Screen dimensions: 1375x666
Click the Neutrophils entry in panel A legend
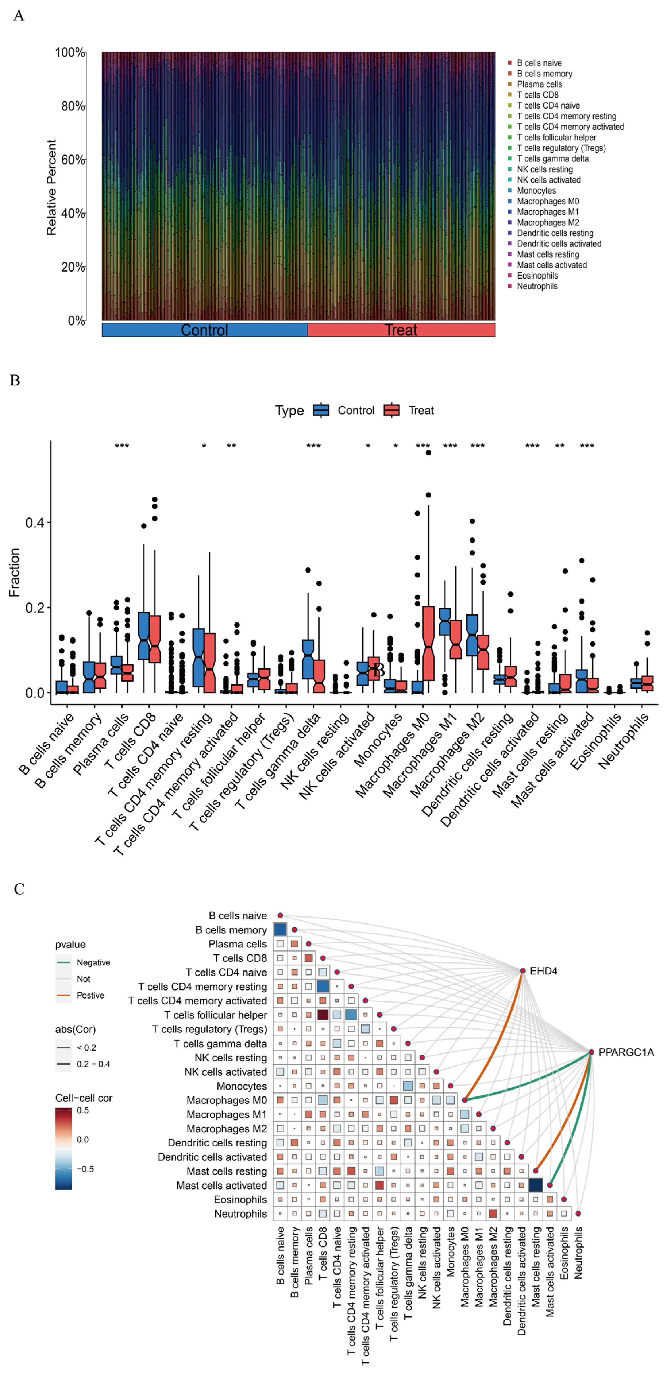tap(537, 286)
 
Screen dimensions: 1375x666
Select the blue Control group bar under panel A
tap(204, 330)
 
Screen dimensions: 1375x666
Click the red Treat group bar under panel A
tap(401, 330)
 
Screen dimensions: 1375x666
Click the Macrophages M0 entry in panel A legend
tap(547, 201)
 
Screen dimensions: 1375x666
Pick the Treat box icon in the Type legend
tap(392, 410)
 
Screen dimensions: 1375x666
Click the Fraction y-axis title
tap(14, 572)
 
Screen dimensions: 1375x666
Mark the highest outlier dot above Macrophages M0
tap(428, 453)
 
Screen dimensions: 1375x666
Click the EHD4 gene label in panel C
tap(543, 971)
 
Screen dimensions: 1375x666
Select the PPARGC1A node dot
tap(591, 1052)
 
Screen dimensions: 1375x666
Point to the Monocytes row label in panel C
tap(242, 1086)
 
